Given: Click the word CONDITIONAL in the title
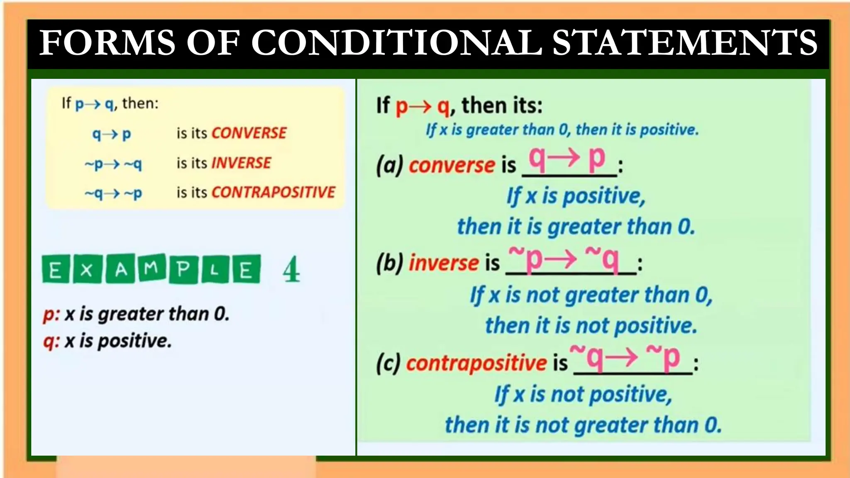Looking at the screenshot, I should (x=396, y=42).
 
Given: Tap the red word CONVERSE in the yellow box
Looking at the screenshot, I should (x=249, y=133).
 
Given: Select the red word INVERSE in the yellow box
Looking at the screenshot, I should (x=241, y=163).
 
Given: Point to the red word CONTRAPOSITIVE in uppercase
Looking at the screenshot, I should (x=273, y=193).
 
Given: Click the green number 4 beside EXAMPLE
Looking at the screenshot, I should (x=291, y=270).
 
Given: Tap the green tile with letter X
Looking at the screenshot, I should (x=87, y=270).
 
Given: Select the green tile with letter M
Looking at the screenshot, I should (x=151, y=269).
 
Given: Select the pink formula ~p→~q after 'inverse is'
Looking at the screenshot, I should (x=564, y=259).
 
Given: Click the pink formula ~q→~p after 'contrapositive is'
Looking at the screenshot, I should (x=625, y=358).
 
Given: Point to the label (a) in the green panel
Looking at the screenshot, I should (x=389, y=165).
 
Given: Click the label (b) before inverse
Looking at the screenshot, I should (x=389, y=263).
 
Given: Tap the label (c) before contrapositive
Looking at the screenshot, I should (x=388, y=363).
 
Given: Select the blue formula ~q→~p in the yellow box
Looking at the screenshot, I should (x=113, y=193).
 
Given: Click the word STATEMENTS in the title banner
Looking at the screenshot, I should (x=684, y=42).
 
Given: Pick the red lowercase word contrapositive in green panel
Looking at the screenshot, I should (x=476, y=363).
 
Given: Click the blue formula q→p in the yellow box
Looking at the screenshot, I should (x=111, y=134).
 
